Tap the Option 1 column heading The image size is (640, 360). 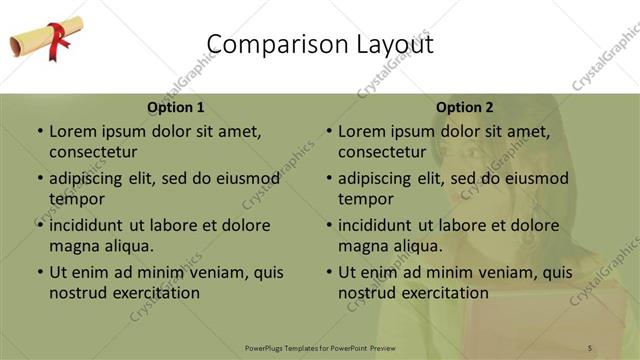[176, 107]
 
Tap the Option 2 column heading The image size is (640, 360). [465, 107]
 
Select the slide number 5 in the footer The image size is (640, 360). [590, 347]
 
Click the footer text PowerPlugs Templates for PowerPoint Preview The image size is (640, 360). [320, 347]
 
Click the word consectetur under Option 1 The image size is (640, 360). [93, 152]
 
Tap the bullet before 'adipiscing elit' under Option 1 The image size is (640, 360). [40, 179]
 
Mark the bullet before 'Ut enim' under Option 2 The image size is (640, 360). [329, 272]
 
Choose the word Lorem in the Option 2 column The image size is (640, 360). [361, 131]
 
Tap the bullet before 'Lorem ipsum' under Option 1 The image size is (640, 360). [40, 131]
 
